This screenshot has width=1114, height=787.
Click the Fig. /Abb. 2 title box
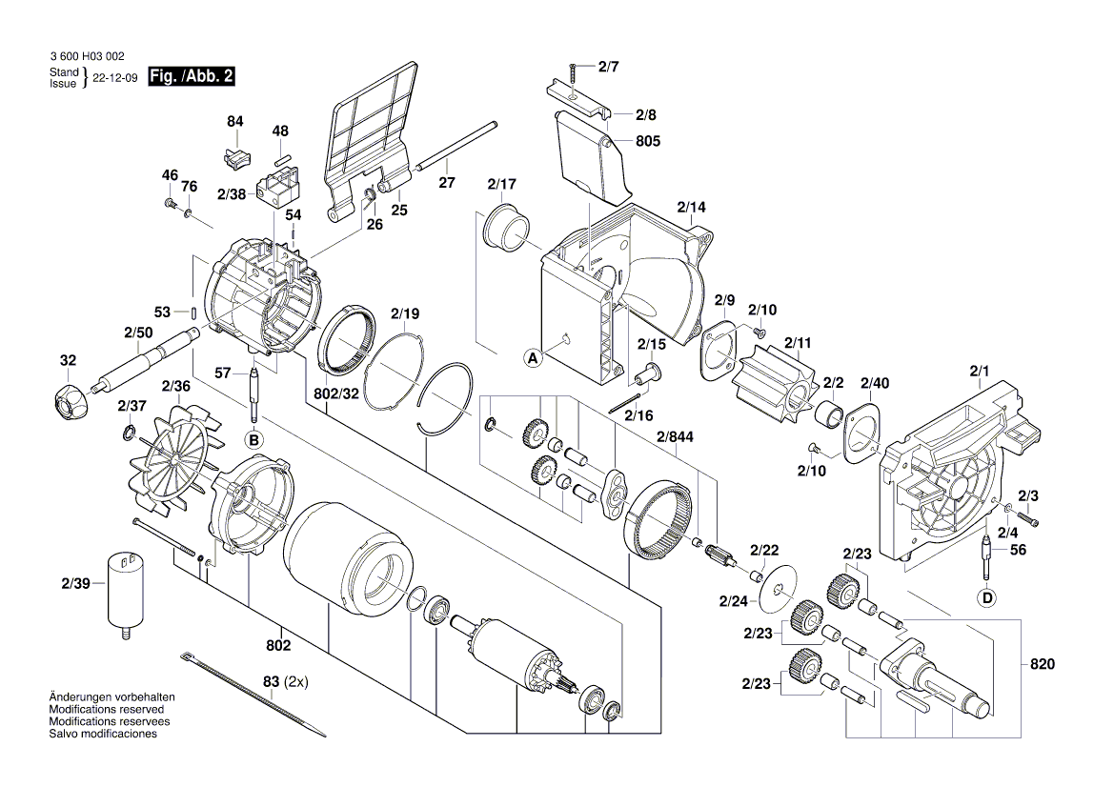191,77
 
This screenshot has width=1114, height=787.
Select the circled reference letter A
533,358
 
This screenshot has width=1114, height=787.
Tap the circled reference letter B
253,439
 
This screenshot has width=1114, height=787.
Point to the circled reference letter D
987,597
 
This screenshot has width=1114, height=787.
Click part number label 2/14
692,207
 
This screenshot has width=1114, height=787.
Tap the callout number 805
648,141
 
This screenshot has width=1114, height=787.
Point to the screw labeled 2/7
574,73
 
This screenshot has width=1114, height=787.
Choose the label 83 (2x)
286,682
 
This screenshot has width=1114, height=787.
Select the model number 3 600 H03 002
86,58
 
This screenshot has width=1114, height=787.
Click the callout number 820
1043,664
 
